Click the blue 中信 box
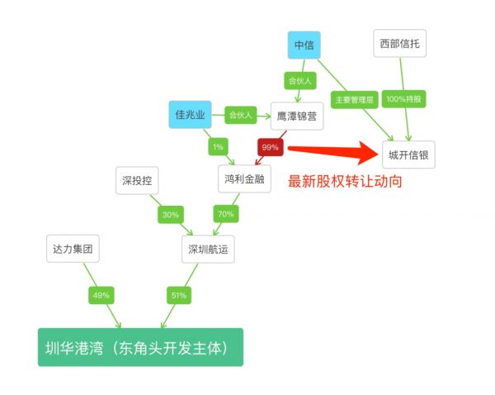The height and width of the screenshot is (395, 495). [304, 45]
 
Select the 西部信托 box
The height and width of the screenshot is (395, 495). [399, 43]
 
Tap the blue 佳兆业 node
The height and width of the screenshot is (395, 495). [190, 115]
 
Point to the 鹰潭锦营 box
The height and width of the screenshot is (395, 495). [297, 116]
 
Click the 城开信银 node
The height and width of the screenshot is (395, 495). [408, 155]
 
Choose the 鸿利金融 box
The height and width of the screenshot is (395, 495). [244, 178]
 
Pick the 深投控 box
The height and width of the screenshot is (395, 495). [137, 180]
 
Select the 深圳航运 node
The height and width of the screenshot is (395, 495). [208, 249]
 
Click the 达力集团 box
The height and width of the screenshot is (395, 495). [73, 249]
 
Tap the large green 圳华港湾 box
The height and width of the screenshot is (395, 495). [140, 347]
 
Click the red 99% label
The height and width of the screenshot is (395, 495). [271, 147]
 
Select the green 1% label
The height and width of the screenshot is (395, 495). [218, 147]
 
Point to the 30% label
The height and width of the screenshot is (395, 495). [171, 215]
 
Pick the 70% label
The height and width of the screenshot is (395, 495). [226, 214]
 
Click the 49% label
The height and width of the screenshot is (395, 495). [101, 295]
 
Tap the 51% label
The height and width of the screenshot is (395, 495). [179, 295]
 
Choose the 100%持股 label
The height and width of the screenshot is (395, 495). [403, 99]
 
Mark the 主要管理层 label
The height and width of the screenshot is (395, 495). [354, 100]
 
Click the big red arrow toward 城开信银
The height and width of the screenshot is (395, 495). [333, 152]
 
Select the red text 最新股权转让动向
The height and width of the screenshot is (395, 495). [345, 181]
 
